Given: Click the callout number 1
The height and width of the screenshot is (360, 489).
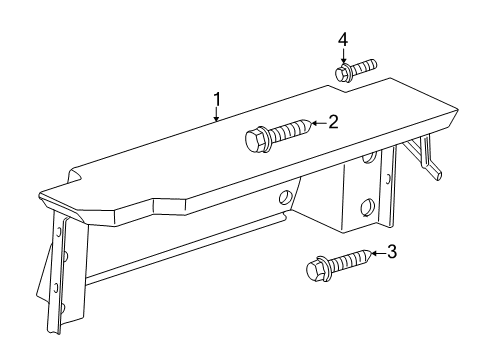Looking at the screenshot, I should tap(216, 99).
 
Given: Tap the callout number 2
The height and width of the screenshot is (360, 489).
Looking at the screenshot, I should tap(333, 122).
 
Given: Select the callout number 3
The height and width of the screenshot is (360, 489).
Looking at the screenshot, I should tap(391, 252).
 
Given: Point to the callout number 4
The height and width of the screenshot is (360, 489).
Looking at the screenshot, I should tap(343, 39).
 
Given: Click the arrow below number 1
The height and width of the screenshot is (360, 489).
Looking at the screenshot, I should tap(216, 116).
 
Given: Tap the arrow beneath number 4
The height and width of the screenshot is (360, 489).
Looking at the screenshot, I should tap(343, 56).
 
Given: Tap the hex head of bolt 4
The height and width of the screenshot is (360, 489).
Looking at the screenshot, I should tap(341, 73).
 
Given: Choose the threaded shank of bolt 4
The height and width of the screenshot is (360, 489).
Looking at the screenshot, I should tap(364, 66).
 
